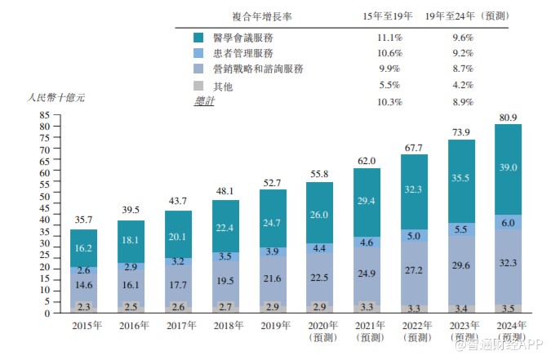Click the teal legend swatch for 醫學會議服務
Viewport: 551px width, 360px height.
coord(199,38)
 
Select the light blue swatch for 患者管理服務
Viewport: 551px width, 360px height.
coord(199,53)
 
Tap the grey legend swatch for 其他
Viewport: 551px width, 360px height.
coord(199,85)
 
